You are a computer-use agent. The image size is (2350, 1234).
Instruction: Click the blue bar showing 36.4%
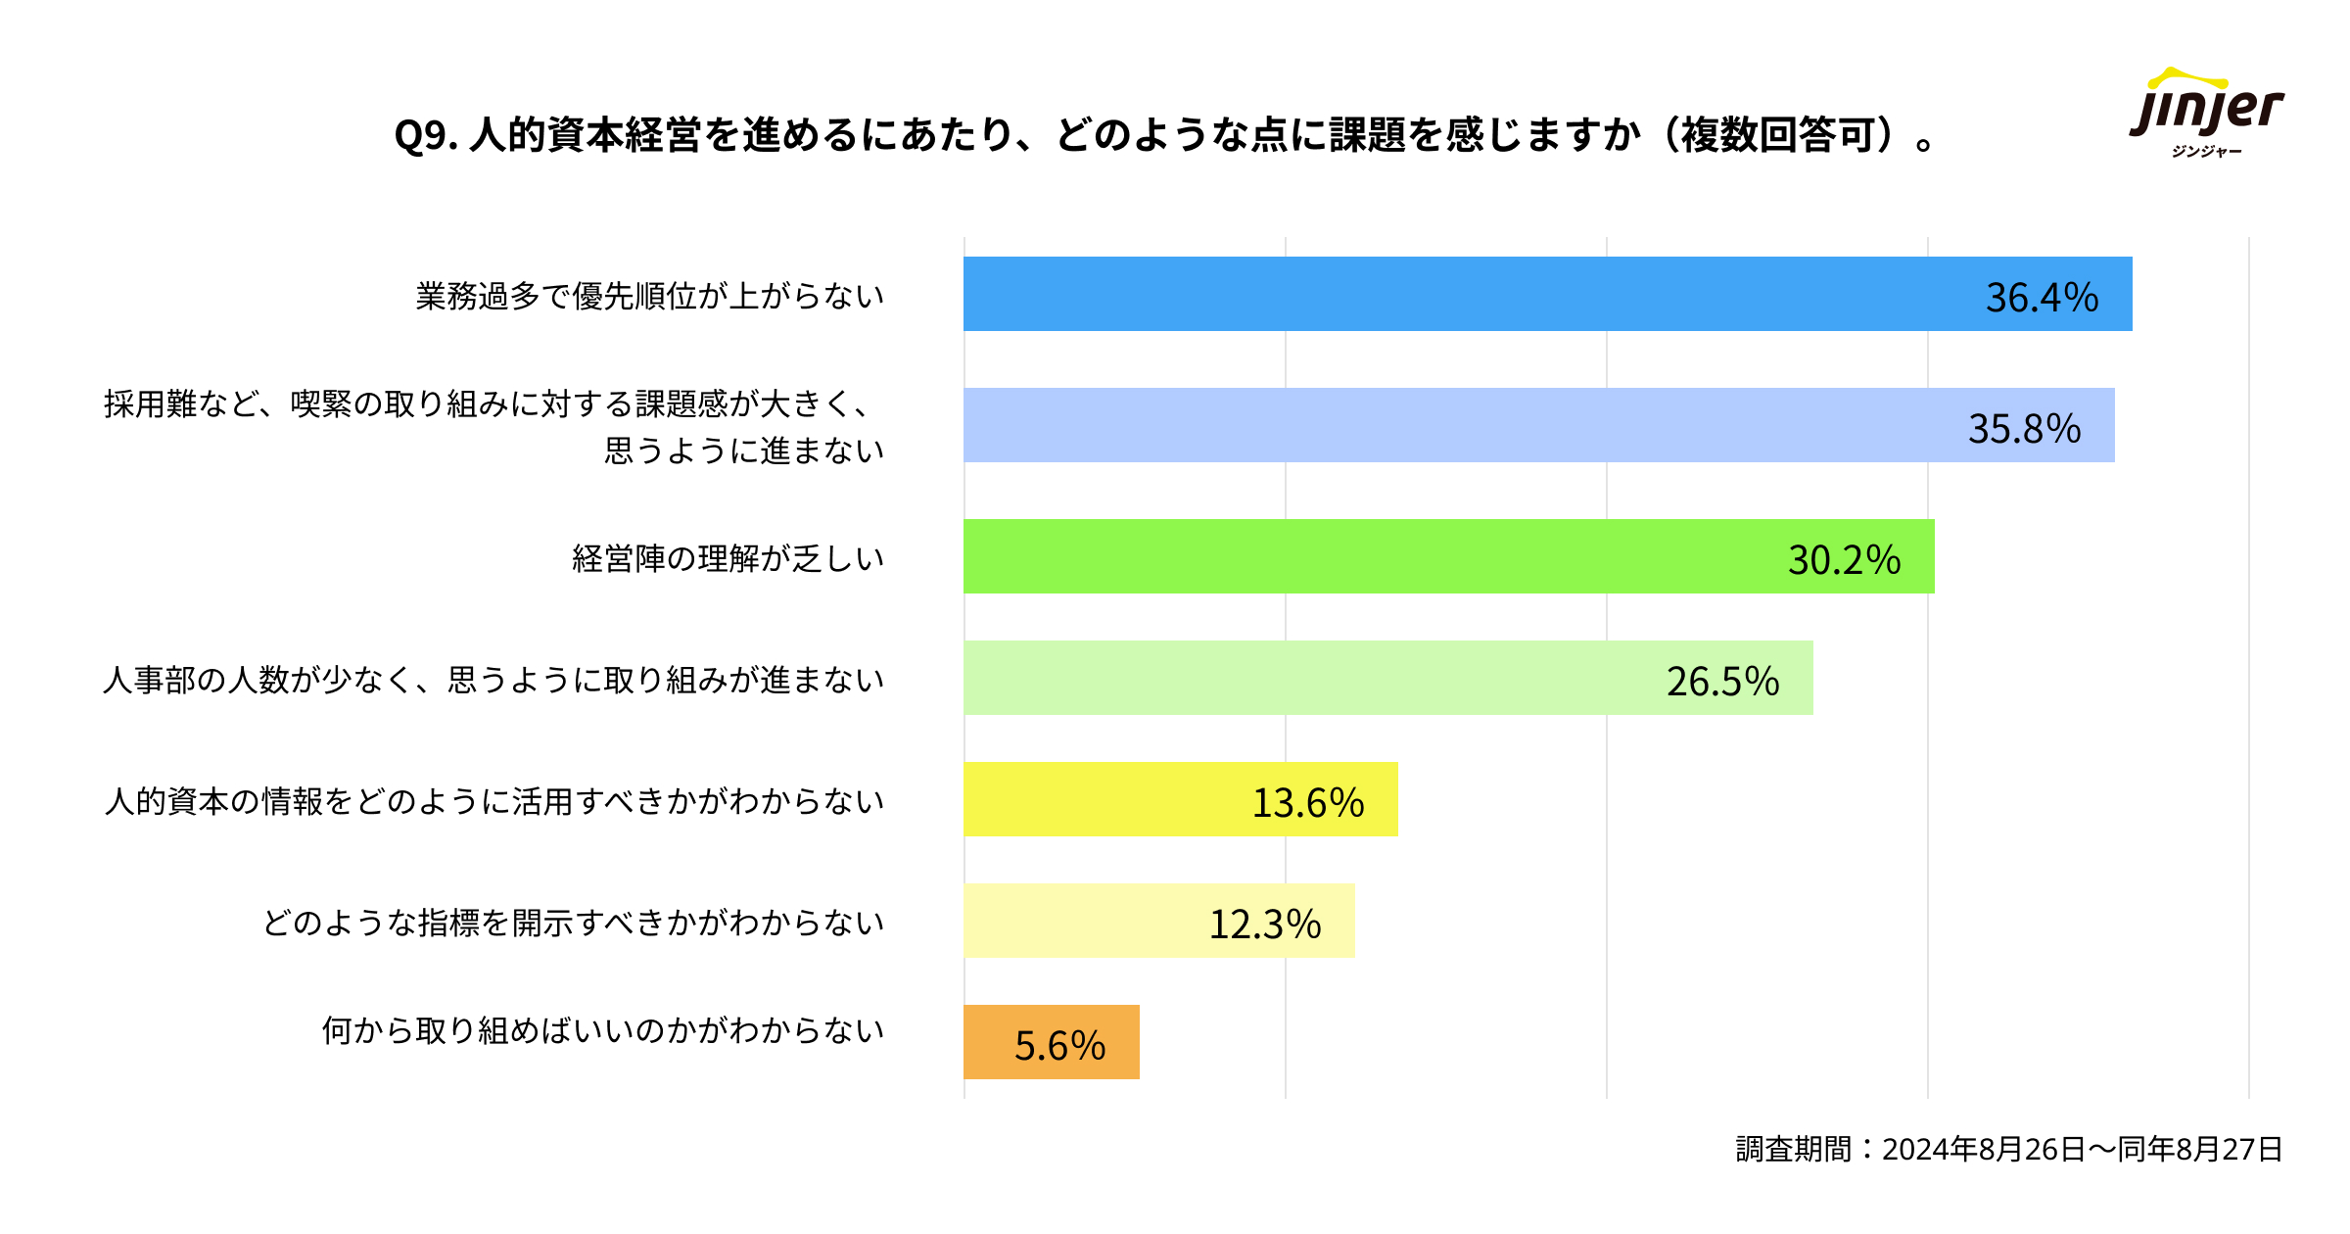pos(1469,294)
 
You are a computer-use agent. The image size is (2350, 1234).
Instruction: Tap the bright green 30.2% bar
pos(1371,556)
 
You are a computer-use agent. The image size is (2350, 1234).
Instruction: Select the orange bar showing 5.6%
pos(989,1042)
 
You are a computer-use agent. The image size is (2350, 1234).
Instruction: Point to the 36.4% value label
pos(2042,298)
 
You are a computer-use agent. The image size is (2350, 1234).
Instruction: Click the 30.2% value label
pos(1844,560)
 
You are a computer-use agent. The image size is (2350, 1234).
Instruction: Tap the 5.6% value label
pos(1059,1046)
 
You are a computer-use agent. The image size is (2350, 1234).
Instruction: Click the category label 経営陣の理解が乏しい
pos(728,558)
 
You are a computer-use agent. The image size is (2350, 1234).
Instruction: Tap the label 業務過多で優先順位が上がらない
pos(649,296)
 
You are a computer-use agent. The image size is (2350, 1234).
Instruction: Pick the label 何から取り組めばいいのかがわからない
pos(602,1030)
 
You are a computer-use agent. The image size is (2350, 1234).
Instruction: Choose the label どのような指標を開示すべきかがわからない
pos(573,923)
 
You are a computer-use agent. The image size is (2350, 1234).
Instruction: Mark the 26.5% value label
pos(1722,682)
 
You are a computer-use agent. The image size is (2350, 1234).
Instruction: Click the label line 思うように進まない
pos(743,451)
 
